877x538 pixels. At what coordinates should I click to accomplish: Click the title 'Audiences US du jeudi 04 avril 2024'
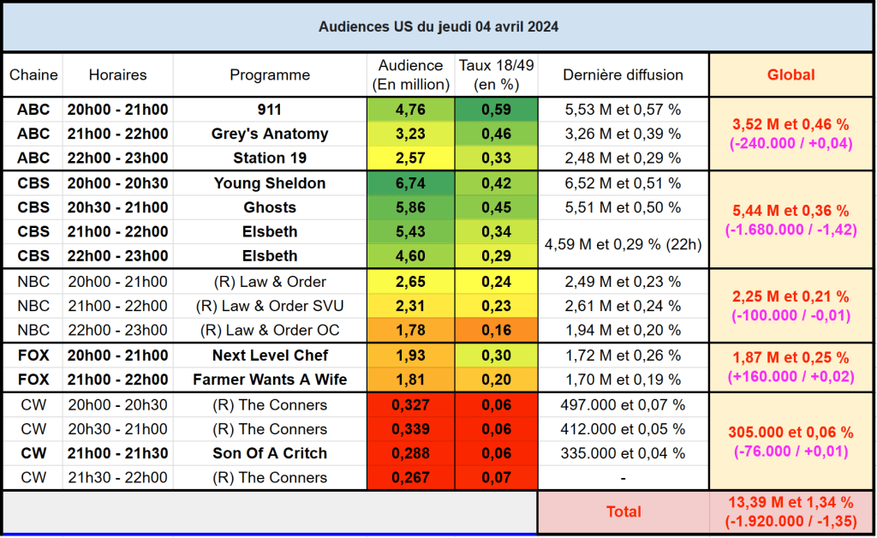pyautogui.click(x=438, y=27)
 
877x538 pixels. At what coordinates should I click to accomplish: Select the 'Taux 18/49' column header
pyautogui.click(x=496, y=75)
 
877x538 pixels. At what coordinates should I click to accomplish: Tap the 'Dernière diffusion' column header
pyautogui.click(x=623, y=75)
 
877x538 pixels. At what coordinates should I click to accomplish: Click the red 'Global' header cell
pyautogui.click(x=790, y=75)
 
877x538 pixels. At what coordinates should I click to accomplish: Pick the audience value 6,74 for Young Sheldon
pyautogui.click(x=410, y=183)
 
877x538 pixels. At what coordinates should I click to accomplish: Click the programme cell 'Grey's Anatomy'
pyautogui.click(x=270, y=134)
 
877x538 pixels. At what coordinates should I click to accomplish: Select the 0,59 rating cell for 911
pyautogui.click(x=496, y=110)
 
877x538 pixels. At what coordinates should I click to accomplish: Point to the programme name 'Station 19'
pyautogui.click(x=270, y=158)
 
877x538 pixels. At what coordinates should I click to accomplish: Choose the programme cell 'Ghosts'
pyautogui.click(x=270, y=207)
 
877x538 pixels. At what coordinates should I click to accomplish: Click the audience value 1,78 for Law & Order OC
pyautogui.click(x=410, y=331)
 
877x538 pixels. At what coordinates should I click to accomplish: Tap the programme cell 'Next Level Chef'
pyautogui.click(x=270, y=356)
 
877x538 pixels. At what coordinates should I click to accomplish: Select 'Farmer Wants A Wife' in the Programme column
pyautogui.click(x=270, y=380)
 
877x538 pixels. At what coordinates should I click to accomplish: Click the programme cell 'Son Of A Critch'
pyautogui.click(x=270, y=453)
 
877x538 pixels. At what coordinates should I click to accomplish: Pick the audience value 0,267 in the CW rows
pyautogui.click(x=410, y=477)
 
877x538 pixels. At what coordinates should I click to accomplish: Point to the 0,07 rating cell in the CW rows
pyautogui.click(x=496, y=477)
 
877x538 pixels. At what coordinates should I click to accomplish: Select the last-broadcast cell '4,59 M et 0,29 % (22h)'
pyautogui.click(x=623, y=244)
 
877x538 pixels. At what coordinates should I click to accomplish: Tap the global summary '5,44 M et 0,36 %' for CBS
pyautogui.click(x=790, y=211)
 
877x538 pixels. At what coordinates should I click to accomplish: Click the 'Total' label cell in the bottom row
pyautogui.click(x=623, y=511)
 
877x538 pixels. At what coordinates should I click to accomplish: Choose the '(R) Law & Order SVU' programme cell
pyautogui.click(x=270, y=306)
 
